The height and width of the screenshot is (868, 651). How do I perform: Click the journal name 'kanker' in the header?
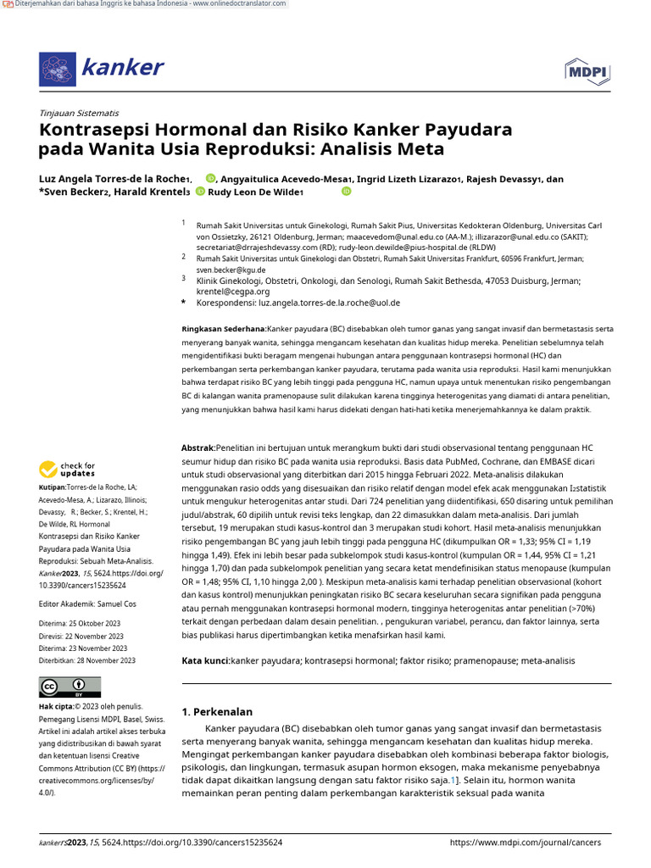click(122, 68)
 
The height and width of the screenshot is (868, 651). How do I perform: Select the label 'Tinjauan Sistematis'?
click(79, 113)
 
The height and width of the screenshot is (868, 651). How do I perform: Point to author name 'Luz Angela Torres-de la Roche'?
click(114, 179)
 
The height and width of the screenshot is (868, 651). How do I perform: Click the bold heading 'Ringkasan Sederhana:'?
click(224, 328)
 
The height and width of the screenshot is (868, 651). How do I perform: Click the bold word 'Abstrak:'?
click(199, 447)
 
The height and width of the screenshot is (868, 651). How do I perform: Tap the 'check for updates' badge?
click(67, 470)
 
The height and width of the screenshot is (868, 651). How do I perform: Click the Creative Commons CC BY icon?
click(70, 687)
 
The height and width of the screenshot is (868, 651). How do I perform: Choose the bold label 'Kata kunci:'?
click(206, 660)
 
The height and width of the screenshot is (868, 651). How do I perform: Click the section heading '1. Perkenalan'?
click(217, 711)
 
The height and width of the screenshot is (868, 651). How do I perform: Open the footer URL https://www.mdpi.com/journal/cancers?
click(525, 843)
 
